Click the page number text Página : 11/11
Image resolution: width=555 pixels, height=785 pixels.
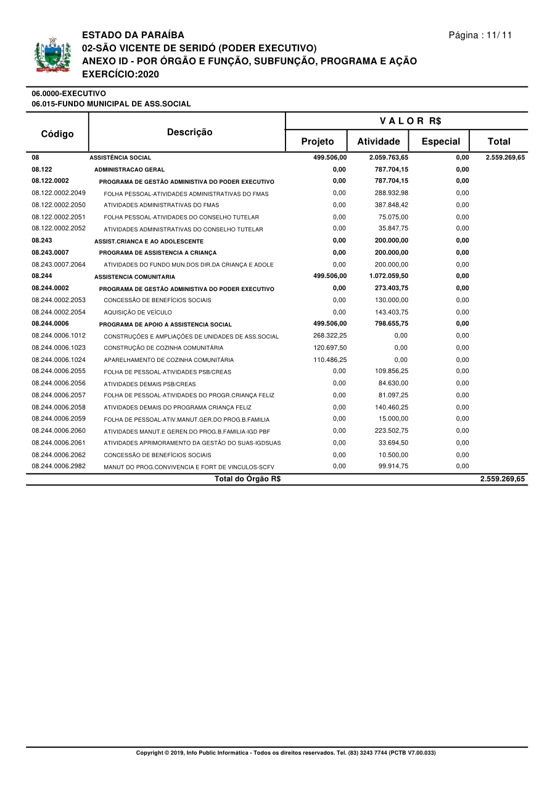tap(480, 35)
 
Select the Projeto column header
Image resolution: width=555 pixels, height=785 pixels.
tap(317, 141)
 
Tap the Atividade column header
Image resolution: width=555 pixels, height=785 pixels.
tap(379, 141)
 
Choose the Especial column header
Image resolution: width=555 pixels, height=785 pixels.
tap(440, 141)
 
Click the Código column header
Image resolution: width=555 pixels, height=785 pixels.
tap(57, 134)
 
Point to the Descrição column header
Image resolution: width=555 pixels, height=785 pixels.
tap(189, 132)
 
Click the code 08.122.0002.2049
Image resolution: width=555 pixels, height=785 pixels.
tap(59, 193)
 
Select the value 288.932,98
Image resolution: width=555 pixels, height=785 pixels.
tap(392, 193)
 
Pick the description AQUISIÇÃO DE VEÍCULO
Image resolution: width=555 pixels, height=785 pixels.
tap(138, 313)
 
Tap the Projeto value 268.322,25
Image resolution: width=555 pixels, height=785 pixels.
tap(330, 335)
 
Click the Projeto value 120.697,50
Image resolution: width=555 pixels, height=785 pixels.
tap(330, 348)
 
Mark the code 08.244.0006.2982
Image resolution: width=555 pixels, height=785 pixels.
tap(59, 466)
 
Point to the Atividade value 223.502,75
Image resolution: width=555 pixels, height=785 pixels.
tap(392, 430)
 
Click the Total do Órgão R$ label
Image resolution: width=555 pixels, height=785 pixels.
tap(247, 479)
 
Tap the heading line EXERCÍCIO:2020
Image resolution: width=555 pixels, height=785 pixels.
tap(120, 74)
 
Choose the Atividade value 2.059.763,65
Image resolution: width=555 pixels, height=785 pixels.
tap(388, 157)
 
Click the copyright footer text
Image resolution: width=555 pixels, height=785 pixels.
tap(286, 753)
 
